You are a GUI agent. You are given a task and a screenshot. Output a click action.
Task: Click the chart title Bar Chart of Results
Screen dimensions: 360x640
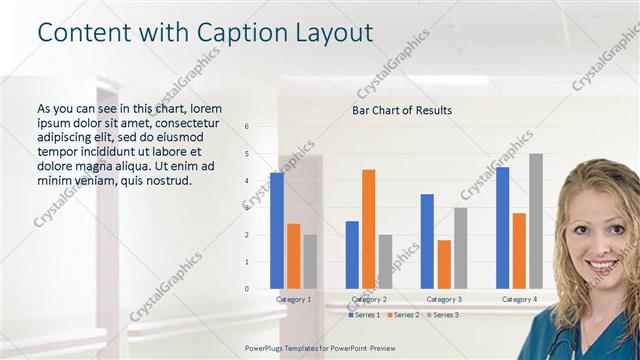402,110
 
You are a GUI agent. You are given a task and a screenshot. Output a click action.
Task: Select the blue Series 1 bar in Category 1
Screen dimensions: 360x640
277,231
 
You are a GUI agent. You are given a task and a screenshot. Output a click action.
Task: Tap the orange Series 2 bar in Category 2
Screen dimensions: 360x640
368,229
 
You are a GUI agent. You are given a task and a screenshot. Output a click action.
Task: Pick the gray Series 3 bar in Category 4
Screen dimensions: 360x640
536,221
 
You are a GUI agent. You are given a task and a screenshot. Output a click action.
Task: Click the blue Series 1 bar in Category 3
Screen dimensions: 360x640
427,241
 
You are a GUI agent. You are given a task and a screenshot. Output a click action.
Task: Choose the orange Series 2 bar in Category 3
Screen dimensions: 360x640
443,264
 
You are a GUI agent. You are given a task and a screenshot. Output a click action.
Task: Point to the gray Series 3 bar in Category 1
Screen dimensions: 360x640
310,262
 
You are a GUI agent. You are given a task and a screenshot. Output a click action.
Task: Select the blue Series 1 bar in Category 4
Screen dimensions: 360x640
503,228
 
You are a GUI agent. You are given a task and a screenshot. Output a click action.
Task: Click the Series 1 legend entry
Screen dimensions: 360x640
364,315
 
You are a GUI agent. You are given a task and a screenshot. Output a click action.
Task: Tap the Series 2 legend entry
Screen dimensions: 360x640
402,315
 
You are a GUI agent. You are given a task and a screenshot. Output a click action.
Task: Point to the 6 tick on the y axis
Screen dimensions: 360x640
246,127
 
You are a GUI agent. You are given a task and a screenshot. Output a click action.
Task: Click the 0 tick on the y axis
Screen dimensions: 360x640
246,289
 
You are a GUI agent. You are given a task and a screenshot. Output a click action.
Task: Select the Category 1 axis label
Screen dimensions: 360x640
294,300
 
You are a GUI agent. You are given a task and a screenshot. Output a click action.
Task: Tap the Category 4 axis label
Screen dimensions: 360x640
519,300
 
